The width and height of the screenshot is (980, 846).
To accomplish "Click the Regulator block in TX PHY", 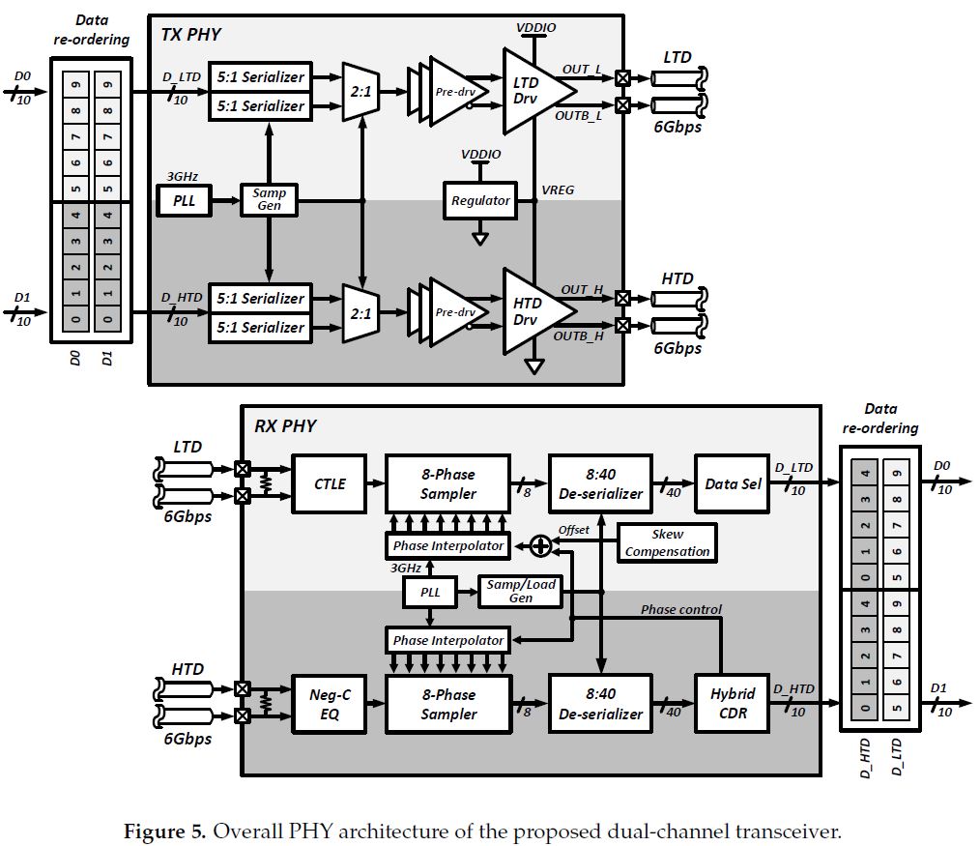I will (480, 200).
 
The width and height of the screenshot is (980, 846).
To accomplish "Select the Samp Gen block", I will (270, 200).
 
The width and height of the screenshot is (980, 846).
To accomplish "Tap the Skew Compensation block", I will (667, 542).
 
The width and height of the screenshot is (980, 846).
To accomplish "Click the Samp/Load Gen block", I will (521, 592).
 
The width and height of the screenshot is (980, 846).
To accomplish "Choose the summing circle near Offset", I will (540, 546).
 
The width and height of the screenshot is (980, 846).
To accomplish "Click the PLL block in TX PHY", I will (184, 201).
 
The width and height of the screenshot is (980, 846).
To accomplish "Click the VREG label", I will (559, 190).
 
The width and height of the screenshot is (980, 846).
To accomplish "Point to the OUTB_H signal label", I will (579, 335).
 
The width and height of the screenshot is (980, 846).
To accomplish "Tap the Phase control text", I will (681, 609).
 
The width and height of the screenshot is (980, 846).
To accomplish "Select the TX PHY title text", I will (190, 35).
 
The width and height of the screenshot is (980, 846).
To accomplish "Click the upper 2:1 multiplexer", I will (360, 91).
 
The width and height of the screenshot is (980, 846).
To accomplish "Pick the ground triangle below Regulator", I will (480, 238).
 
